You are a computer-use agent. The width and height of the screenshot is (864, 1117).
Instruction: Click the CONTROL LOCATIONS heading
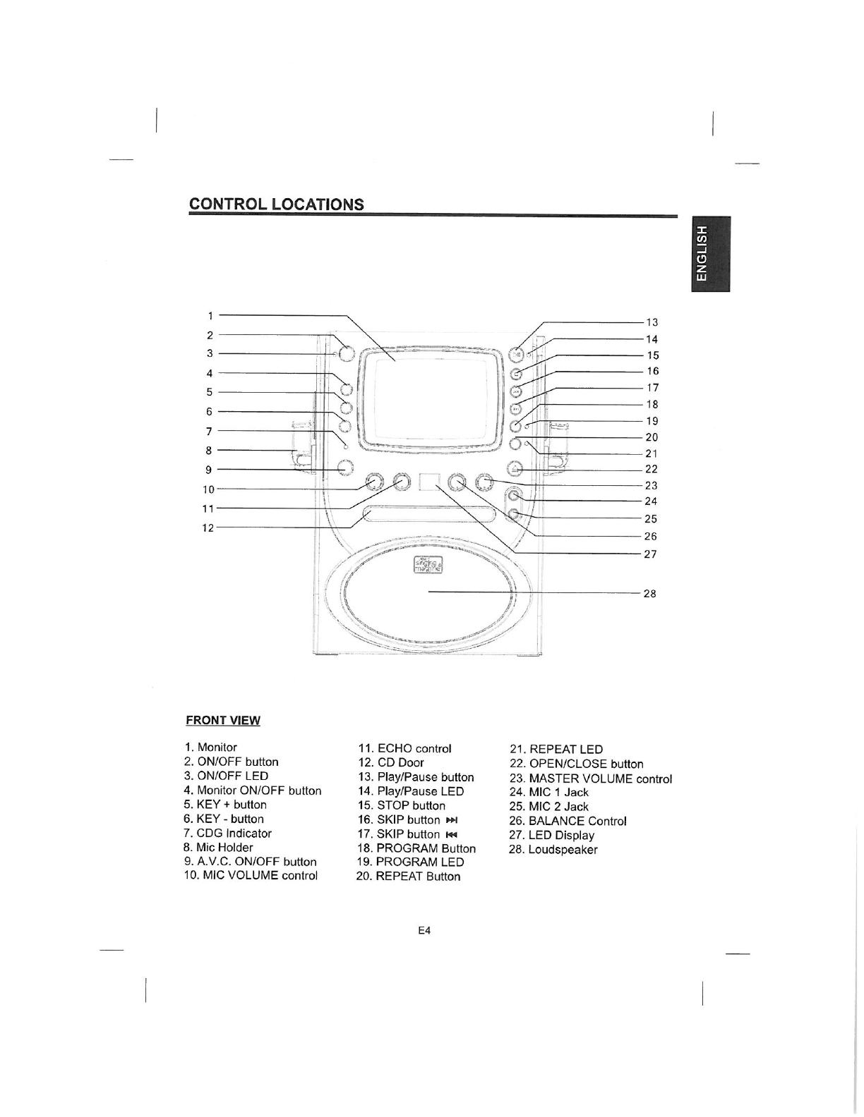click(276, 204)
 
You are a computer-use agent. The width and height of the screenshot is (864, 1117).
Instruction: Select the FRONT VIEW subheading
click(222, 720)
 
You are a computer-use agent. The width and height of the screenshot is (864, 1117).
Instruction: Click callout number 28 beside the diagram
click(649, 593)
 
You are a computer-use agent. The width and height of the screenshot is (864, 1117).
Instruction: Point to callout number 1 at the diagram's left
click(210, 315)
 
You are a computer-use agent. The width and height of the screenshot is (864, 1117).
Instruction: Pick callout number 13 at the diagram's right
click(652, 322)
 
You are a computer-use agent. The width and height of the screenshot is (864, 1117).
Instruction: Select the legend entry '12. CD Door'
click(391, 762)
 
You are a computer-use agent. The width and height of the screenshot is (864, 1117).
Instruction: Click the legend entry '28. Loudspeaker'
click(553, 849)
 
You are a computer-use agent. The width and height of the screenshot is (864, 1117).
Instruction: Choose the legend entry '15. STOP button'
click(401, 805)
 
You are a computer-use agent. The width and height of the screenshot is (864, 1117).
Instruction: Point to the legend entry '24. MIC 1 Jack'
click(548, 792)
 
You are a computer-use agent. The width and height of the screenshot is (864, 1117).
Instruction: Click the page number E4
click(424, 930)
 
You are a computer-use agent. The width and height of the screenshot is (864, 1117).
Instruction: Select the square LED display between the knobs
click(429, 482)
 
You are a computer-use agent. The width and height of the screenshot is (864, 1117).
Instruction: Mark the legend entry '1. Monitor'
click(210, 747)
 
